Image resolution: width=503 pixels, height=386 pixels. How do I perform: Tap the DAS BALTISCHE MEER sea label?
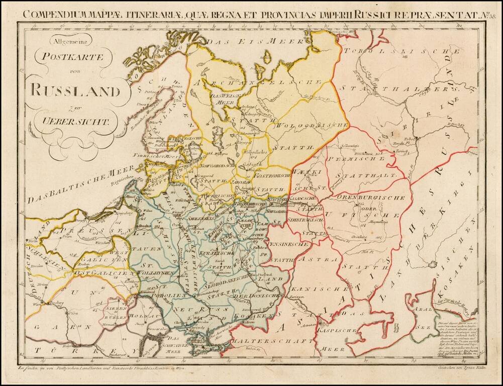coord(76,184)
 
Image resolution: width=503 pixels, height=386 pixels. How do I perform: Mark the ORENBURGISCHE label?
coord(371,198)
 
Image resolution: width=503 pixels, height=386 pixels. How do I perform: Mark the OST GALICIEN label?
coord(103,273)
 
